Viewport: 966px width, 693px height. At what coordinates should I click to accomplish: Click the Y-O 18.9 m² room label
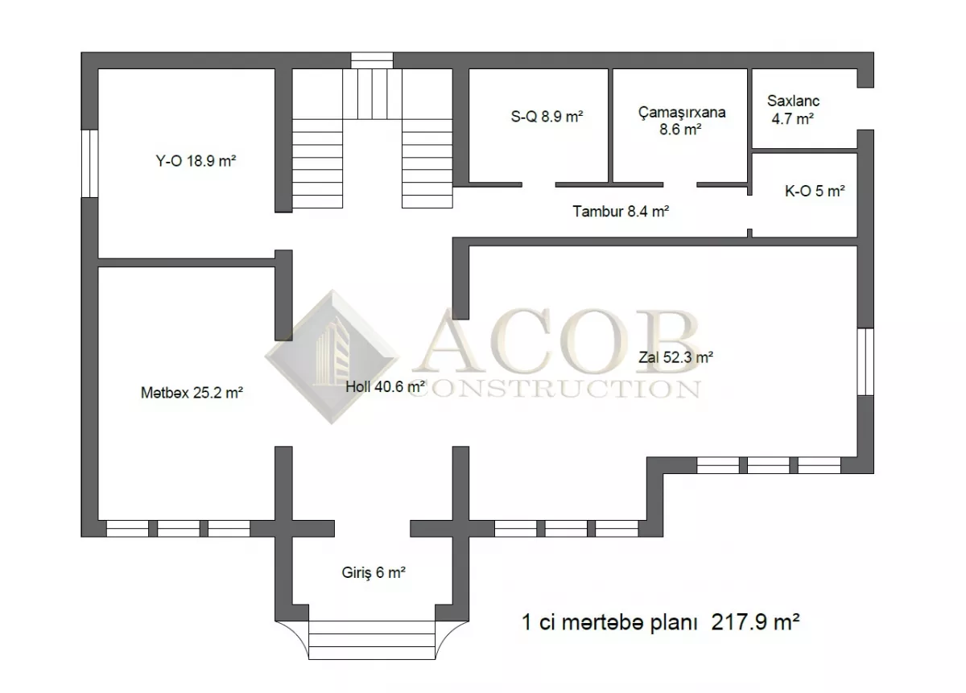click(196, 161)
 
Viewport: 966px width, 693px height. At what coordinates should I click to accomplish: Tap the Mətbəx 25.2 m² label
click(192, 393)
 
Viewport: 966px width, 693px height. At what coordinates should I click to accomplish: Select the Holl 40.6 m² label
click(386, 387)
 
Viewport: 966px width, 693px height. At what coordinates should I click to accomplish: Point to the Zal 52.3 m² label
click(675, 357)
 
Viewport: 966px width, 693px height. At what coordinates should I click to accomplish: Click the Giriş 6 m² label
click(374, 573)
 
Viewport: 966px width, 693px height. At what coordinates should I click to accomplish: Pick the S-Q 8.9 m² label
click(547, 117)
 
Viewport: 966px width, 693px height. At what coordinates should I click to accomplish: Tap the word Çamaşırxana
click(682, 113)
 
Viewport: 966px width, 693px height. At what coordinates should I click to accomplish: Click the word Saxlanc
click(793, 101)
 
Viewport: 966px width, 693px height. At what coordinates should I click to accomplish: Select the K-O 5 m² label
click(815, 191)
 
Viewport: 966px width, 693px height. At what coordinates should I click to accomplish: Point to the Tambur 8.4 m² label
click(621, 212)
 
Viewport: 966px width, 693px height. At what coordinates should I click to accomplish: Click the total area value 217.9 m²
click(756, 622)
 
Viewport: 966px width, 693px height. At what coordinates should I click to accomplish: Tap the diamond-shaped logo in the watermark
click(332, 357)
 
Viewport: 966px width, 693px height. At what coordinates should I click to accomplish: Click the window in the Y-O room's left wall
click(89, 163)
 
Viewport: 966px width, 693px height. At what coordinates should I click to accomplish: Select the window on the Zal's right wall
click(865, 362)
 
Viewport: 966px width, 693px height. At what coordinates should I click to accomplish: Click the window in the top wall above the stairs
click(372, 60)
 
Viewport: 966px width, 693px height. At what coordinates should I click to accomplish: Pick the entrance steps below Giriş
click(372, 640)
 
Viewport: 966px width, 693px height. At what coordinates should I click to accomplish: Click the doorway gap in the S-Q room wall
click(539, 184)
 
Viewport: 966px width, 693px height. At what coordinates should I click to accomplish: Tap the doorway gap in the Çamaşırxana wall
click(680, 184)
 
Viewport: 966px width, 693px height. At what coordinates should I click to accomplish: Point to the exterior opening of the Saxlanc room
click(865, 109)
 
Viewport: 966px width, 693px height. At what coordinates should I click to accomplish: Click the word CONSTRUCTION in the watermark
click(554, 389)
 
